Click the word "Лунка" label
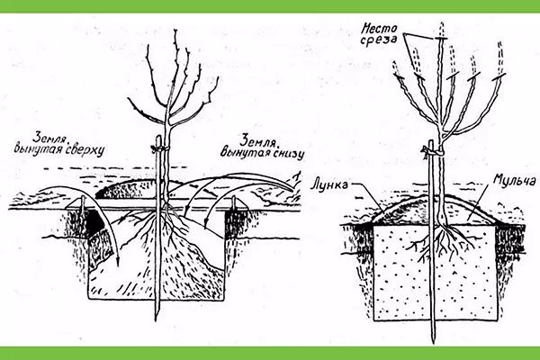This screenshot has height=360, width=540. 328,184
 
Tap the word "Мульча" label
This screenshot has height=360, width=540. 514,179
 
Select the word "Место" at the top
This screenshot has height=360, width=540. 379,28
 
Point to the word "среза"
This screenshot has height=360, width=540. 380,40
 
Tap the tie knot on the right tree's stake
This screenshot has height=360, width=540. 430,150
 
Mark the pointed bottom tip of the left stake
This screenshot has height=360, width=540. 156,320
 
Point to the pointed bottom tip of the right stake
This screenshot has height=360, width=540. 433,342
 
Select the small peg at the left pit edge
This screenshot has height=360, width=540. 83,207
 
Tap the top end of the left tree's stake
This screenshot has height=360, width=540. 158,137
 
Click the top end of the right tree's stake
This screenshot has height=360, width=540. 430,141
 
